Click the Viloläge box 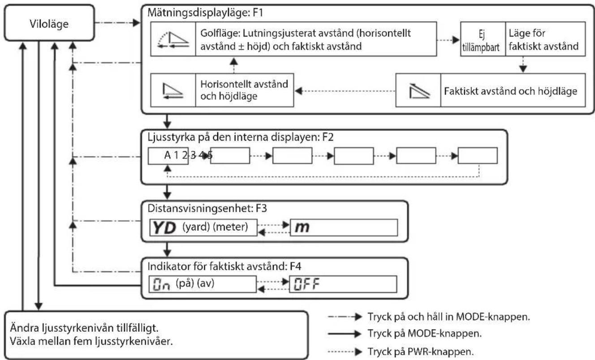tap(49, 23)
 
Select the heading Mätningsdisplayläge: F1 tap(205, 13)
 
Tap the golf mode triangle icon tap(173, 39)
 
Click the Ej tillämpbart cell tap(483, 39)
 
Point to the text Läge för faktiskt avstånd tap(543, 40)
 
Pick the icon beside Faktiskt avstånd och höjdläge tap(419, 90)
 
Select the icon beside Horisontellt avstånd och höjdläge tap(173, 91)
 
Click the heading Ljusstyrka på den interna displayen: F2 tap(241, 137)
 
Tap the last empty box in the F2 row tap(478, 155)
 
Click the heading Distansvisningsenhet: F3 tap(207, 208)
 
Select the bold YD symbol tap(164, 228)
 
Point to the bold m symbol tap(302, 227)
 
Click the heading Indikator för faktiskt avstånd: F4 tap(224, 266)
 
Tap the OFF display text tap(306, 284)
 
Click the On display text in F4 tap(161, 284)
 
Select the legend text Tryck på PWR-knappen tap(420, 351)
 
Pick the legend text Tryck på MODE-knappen tap(424, 334)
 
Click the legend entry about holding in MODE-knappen tap(448, 317)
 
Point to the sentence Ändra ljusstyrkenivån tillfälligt tap(84, 328)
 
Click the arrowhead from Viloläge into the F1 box tap(136, 23)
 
